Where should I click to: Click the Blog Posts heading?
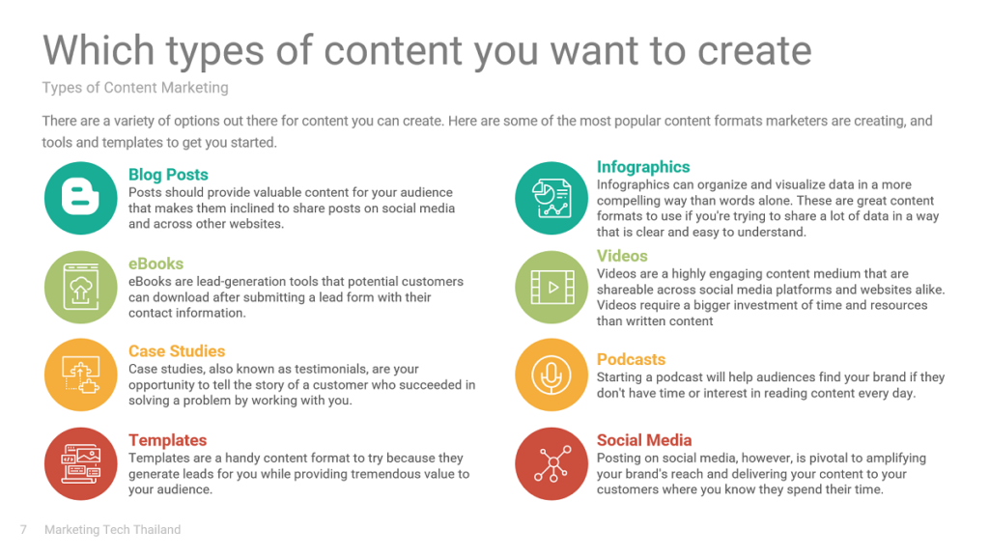168,175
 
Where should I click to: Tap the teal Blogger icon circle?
81,198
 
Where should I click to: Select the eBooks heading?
155,264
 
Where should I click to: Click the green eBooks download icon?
81,288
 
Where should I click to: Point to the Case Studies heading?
177,351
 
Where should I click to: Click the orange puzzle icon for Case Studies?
81,375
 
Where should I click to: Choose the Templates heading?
167,440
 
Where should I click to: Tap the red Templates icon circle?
81,464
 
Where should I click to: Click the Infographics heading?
643,167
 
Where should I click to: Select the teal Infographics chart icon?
551,198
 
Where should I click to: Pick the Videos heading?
622,256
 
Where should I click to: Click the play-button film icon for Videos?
551,288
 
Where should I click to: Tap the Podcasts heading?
631,359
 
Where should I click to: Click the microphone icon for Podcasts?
551,375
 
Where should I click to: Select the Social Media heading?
644,440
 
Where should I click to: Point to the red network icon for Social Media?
551,464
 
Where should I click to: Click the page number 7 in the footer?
23,530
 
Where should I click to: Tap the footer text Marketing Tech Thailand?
112,530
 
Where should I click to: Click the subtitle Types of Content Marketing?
135,88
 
